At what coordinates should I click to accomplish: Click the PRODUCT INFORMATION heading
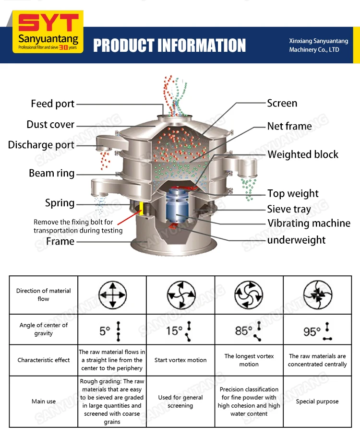[x=169, y=46]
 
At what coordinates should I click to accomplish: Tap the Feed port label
[x=53, y=104]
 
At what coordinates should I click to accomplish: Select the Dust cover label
[x=50, y=125]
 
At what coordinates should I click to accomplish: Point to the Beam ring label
[x=51, y=173]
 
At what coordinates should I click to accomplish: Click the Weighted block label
[x=303, y=154]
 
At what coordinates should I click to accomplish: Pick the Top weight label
[x=293, y=194]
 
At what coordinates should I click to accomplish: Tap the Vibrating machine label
[x=309, y=223]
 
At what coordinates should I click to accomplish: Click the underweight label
[x=296, y=240]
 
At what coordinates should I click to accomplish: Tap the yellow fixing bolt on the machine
[x=142, y=207]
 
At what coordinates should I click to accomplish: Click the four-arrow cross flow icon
[x=112, y=294]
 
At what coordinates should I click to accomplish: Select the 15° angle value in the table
[x=175, y=330]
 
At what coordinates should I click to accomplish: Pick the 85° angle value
[x=243, y=330]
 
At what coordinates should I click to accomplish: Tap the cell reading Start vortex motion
[x=180, y=360]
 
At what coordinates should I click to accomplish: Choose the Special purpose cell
[x=317, y=401]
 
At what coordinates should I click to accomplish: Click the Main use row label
[x=44, y=401]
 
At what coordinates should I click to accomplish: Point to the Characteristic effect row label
[x=44, y=360]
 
